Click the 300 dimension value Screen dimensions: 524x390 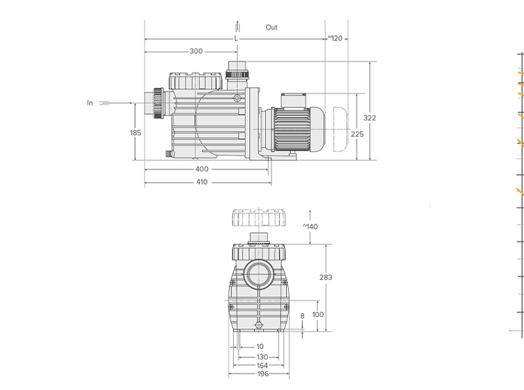pos(196,52)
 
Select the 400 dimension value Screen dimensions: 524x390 pos(202,169)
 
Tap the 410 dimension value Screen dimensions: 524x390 pos(202,182)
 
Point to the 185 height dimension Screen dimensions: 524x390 pos(135,133)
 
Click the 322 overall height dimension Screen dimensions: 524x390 pos(370,118)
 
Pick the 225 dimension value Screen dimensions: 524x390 pos(357,134)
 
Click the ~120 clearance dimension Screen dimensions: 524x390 pos(335,38)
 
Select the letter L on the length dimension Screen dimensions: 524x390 pos(236,39)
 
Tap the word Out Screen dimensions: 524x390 pos(271,27)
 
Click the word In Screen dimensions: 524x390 pos(89,103)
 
